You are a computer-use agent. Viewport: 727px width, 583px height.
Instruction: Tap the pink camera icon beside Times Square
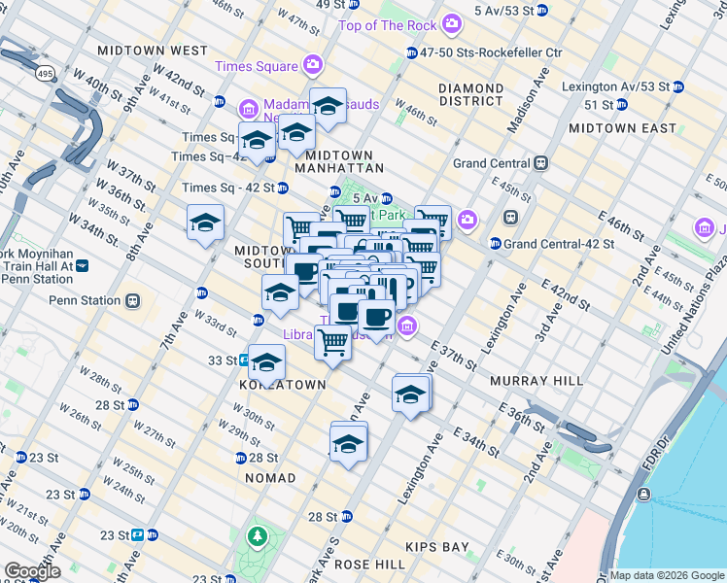point(313,65)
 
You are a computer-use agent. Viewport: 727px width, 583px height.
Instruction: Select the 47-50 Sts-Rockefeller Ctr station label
point(499,51)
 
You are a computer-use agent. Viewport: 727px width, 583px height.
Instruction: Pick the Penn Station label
point(84,300)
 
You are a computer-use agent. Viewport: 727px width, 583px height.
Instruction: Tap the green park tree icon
point(257,535)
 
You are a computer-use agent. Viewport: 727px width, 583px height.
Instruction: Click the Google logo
point(31,571)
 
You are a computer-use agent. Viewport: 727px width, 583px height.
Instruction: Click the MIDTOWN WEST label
point(153,50)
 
